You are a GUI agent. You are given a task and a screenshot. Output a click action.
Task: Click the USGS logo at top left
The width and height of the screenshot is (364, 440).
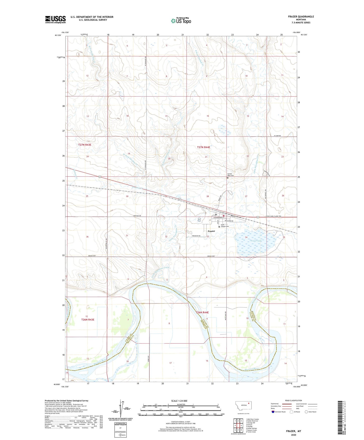pyautogui.click(x=55, y=19)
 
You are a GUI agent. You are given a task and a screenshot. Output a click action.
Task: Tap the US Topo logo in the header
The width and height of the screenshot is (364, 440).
pyautogui.click(x=181, y=21)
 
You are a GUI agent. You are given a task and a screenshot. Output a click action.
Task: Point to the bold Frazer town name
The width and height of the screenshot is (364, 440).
pyautogui.click(x=211, y=231)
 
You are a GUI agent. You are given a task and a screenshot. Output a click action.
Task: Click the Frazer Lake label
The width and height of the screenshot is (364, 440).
pyautogui.click(x=256, y=241)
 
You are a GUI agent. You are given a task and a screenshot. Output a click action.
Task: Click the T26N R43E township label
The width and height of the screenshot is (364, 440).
pyautogui.click(x=88, y=320)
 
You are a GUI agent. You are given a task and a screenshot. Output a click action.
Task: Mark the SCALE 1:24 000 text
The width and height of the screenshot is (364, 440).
pyautogui.click(x=179, y=401)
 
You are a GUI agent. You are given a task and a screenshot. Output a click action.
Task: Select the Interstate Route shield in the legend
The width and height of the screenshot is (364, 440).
pyautogui.click(x=273, y=412)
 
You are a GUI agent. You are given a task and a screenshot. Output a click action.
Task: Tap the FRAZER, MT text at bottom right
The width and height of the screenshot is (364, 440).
pyautogui.click(x=293, y=431)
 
